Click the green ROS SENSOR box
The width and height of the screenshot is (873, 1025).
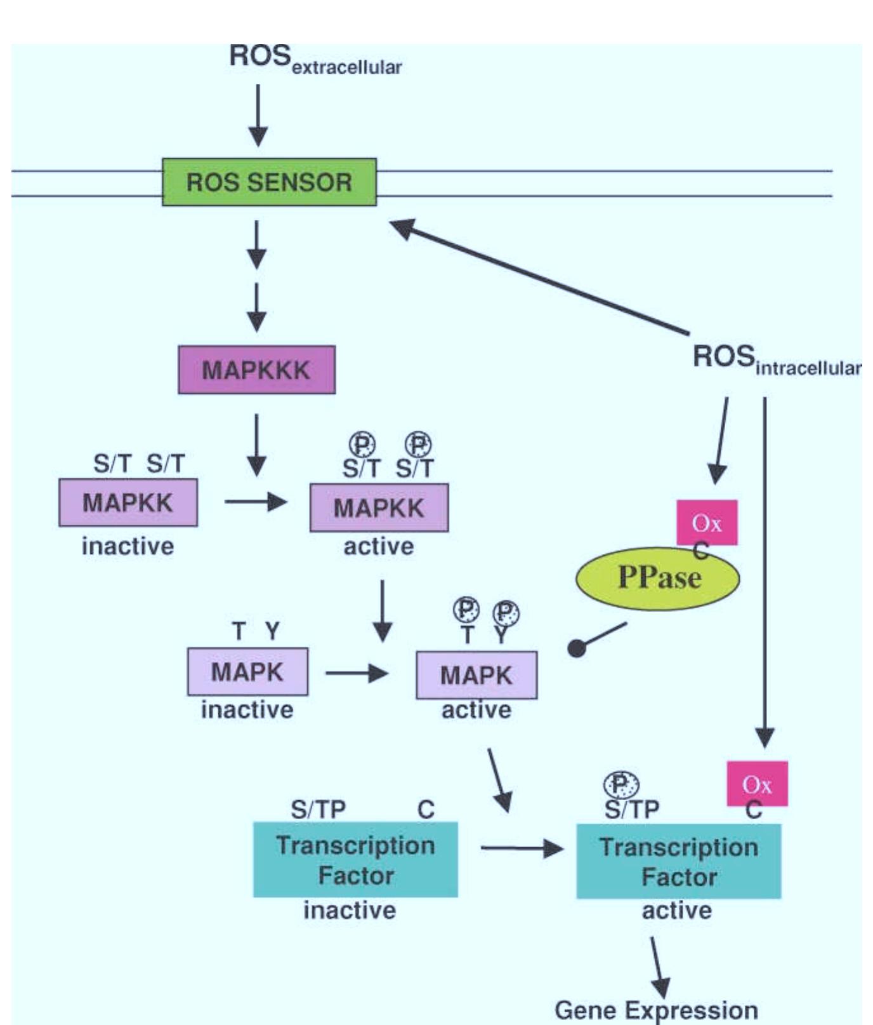pyautogui.click(x=269, y=182)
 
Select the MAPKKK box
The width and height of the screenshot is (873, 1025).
pyautogui.click(x=256, y=370)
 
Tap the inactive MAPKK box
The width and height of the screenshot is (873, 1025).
pyautogui.click(x=128, y=502)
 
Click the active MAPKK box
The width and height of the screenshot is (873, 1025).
pyautogui.click(x=379, y=507)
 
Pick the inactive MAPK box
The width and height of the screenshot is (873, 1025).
pyautogui.click(x=247, y=671)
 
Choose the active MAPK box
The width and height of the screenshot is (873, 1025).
pyautogui.click(x=476, y=674)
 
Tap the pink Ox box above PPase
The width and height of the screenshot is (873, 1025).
pyautogui.click(x=707, y=523)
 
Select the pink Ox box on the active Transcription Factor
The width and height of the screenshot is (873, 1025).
pyautogui.click(x=757, y=784)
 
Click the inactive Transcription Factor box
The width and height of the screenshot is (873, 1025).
pyautogui.click(x=355, y=859)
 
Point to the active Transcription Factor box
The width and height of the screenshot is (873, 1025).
pyautogui.click(x=678, y=861)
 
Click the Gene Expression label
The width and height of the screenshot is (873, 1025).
pyautogui.click(x=656, y=1010)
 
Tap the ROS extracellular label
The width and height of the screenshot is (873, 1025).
pyautogui.click(x=315, y=58)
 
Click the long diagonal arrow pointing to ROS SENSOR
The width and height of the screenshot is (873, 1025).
pyautogui.click(x=539, y=277)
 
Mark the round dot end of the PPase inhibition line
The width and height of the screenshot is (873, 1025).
pyautogui.click(x=576, y=648)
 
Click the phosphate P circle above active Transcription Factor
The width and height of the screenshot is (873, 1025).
pyautogui.click(x=621, y=784)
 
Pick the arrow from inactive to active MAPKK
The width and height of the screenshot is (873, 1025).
pyautogui.click(x=255, y=502)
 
